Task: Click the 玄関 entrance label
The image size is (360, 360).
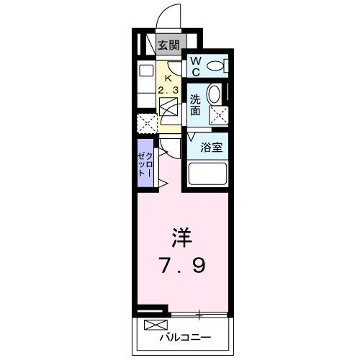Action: tap(170, 45)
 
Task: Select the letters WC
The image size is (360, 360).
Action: tap(195, 66)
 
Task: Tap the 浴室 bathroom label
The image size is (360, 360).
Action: tap(211, 146)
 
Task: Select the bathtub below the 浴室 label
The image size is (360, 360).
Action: tap(207, 174)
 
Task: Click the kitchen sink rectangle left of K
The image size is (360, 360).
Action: tap(146, 72)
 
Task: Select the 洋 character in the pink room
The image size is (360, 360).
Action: tap(181, 238)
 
